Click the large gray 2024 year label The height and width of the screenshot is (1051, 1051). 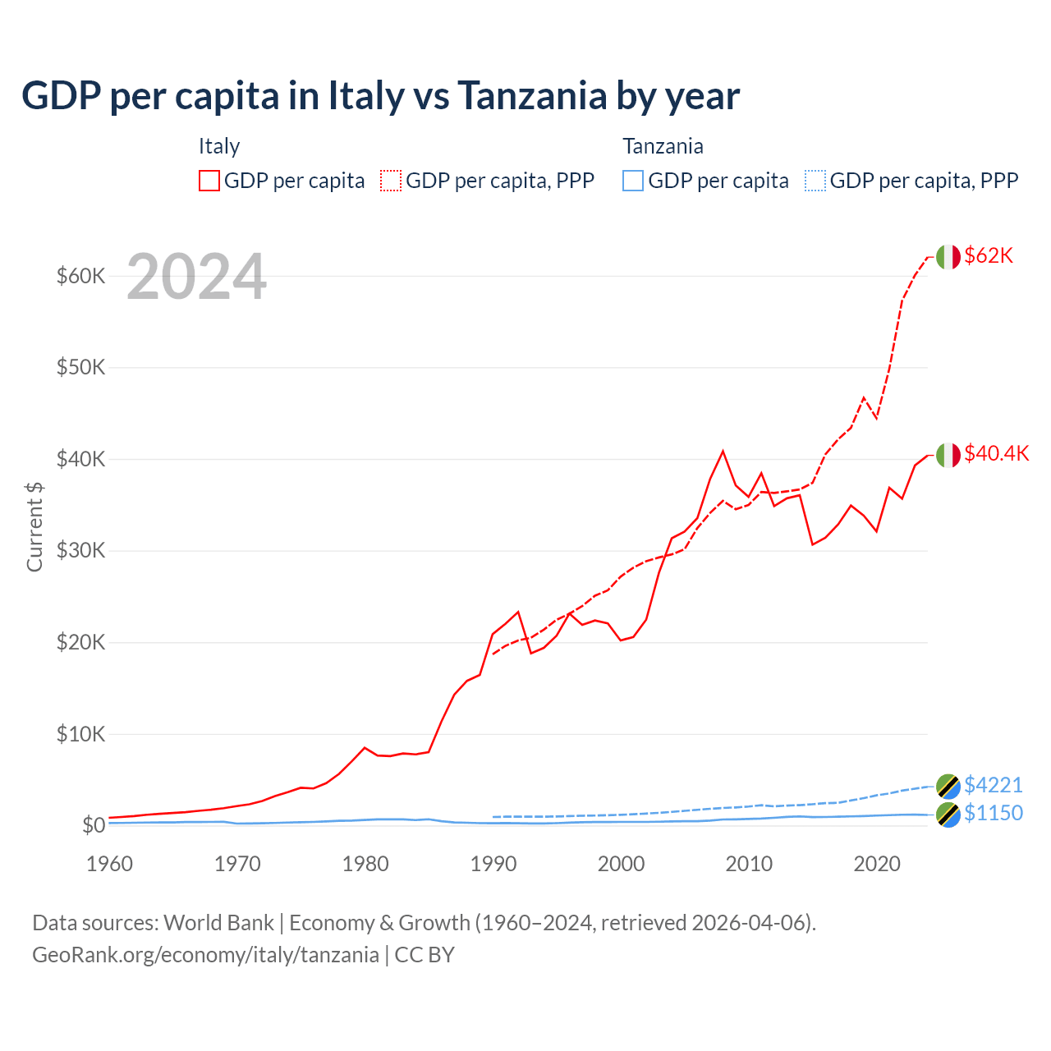[197, 277]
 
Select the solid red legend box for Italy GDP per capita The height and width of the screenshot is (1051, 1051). [209, 181]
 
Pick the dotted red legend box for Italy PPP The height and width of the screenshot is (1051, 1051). [391, 181]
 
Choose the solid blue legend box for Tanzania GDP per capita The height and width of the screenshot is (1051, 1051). [633, 181]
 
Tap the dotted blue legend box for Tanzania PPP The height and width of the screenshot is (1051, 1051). [815, 181]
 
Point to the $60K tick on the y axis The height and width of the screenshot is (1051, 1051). [80, 276]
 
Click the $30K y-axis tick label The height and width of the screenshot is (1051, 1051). [80, 550]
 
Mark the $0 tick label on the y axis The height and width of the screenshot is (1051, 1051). [93, 825]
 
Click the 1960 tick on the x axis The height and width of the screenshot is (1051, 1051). [109, 864]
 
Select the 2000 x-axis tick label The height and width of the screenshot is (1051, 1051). [622, 864]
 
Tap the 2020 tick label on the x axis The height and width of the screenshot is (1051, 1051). [877, 864]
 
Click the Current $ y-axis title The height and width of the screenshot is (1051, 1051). [34, 526]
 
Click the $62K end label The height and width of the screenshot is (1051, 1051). [989, 256]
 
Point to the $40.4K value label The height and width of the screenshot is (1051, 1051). [996, 454]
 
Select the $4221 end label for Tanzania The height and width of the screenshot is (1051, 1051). [994, 786]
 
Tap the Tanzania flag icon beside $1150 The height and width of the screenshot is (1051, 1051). [948, 815]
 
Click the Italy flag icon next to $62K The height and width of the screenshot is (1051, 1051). [948, 257]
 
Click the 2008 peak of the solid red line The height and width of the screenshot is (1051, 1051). [723, 451]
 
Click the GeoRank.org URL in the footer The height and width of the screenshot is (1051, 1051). [205, 955]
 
